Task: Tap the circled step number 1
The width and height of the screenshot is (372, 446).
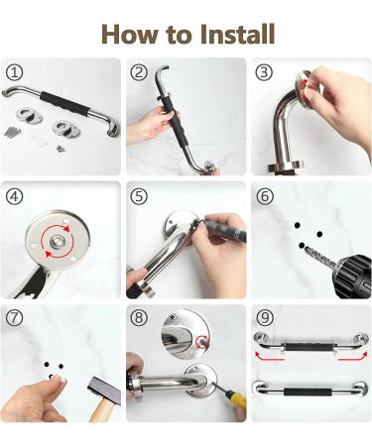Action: [15, 72]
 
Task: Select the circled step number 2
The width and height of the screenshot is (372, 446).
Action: [139, 72]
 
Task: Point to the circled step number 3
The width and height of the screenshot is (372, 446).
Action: [263, 72]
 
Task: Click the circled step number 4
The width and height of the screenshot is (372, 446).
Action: [15, 195]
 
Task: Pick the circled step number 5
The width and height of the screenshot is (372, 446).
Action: [139, 195]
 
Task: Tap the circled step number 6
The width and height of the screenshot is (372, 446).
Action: [263, 195]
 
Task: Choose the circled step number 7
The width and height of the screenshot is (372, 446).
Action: [15, 318]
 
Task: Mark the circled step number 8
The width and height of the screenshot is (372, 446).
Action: [139, 318]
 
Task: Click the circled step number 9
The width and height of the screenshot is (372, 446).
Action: [263, 318]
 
